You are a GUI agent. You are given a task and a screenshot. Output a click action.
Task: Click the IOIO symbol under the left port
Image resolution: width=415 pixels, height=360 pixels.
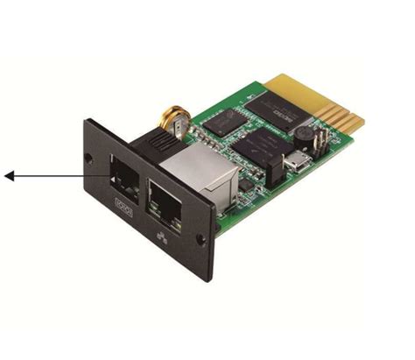coord(123,203)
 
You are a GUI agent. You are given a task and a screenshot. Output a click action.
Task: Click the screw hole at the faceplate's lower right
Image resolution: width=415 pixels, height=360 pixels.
coord(201,237)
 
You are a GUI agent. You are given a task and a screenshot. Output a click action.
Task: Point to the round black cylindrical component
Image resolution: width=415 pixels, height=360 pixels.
coord(303,135)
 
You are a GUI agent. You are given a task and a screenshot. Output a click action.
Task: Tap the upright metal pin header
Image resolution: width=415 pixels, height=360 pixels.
coord(320,143)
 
